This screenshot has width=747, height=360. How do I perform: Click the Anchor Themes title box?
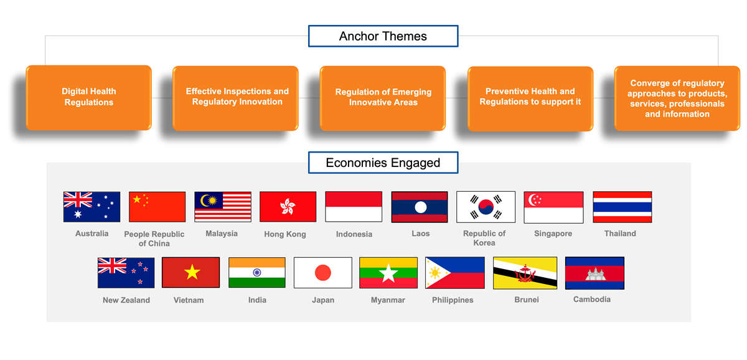point(383,36)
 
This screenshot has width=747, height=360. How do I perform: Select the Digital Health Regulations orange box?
point(88,97)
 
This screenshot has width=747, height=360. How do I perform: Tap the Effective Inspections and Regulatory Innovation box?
point(235,98)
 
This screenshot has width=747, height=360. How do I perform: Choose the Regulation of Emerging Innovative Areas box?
point(383,98)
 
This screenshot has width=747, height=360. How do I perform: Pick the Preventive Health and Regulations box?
point(530,98)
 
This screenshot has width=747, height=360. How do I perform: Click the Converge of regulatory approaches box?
point(677,98)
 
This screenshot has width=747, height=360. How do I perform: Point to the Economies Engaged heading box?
point(383,163)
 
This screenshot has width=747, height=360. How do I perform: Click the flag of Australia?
point(92,207)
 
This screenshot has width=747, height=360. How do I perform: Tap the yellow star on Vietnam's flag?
point(192,272)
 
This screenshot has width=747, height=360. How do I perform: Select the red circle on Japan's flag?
point(323,273)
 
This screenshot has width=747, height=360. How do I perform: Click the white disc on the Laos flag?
point(421,207)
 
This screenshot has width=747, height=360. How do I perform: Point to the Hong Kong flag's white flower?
point(288,206)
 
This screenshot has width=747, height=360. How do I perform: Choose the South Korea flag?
point(486,207)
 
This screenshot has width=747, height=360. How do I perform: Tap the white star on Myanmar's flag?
point(388,273)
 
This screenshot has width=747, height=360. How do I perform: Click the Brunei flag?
point(525,273)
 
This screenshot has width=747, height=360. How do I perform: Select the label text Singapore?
point(553,234)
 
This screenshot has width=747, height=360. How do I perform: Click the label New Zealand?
point(126,300)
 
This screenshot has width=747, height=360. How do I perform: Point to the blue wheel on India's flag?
point(257,273)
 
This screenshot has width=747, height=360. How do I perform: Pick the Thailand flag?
point(622,207)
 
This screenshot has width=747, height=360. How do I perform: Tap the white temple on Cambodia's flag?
point(596,274)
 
